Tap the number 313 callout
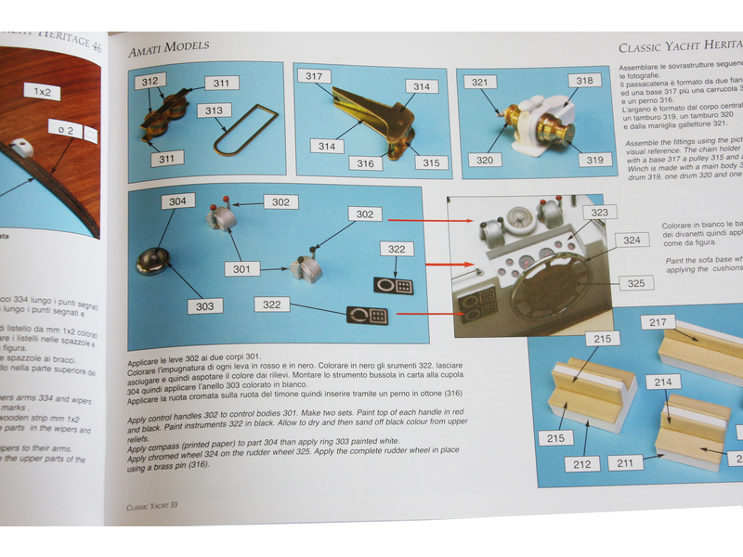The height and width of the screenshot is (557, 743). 215,110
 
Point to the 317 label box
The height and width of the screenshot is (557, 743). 314,76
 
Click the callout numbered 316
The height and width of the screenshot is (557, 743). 366,163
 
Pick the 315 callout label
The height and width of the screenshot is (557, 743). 429,162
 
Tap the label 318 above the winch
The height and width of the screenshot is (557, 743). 583,81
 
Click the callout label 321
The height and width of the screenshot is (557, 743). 479,83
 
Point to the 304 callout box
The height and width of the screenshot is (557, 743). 176,201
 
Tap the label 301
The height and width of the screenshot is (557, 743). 241,269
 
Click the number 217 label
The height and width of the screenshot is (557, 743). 658,323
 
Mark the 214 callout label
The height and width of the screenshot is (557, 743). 662,382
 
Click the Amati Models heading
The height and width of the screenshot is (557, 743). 168,45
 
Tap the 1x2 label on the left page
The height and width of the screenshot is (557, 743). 43,92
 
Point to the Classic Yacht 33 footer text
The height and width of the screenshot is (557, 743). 158,507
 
